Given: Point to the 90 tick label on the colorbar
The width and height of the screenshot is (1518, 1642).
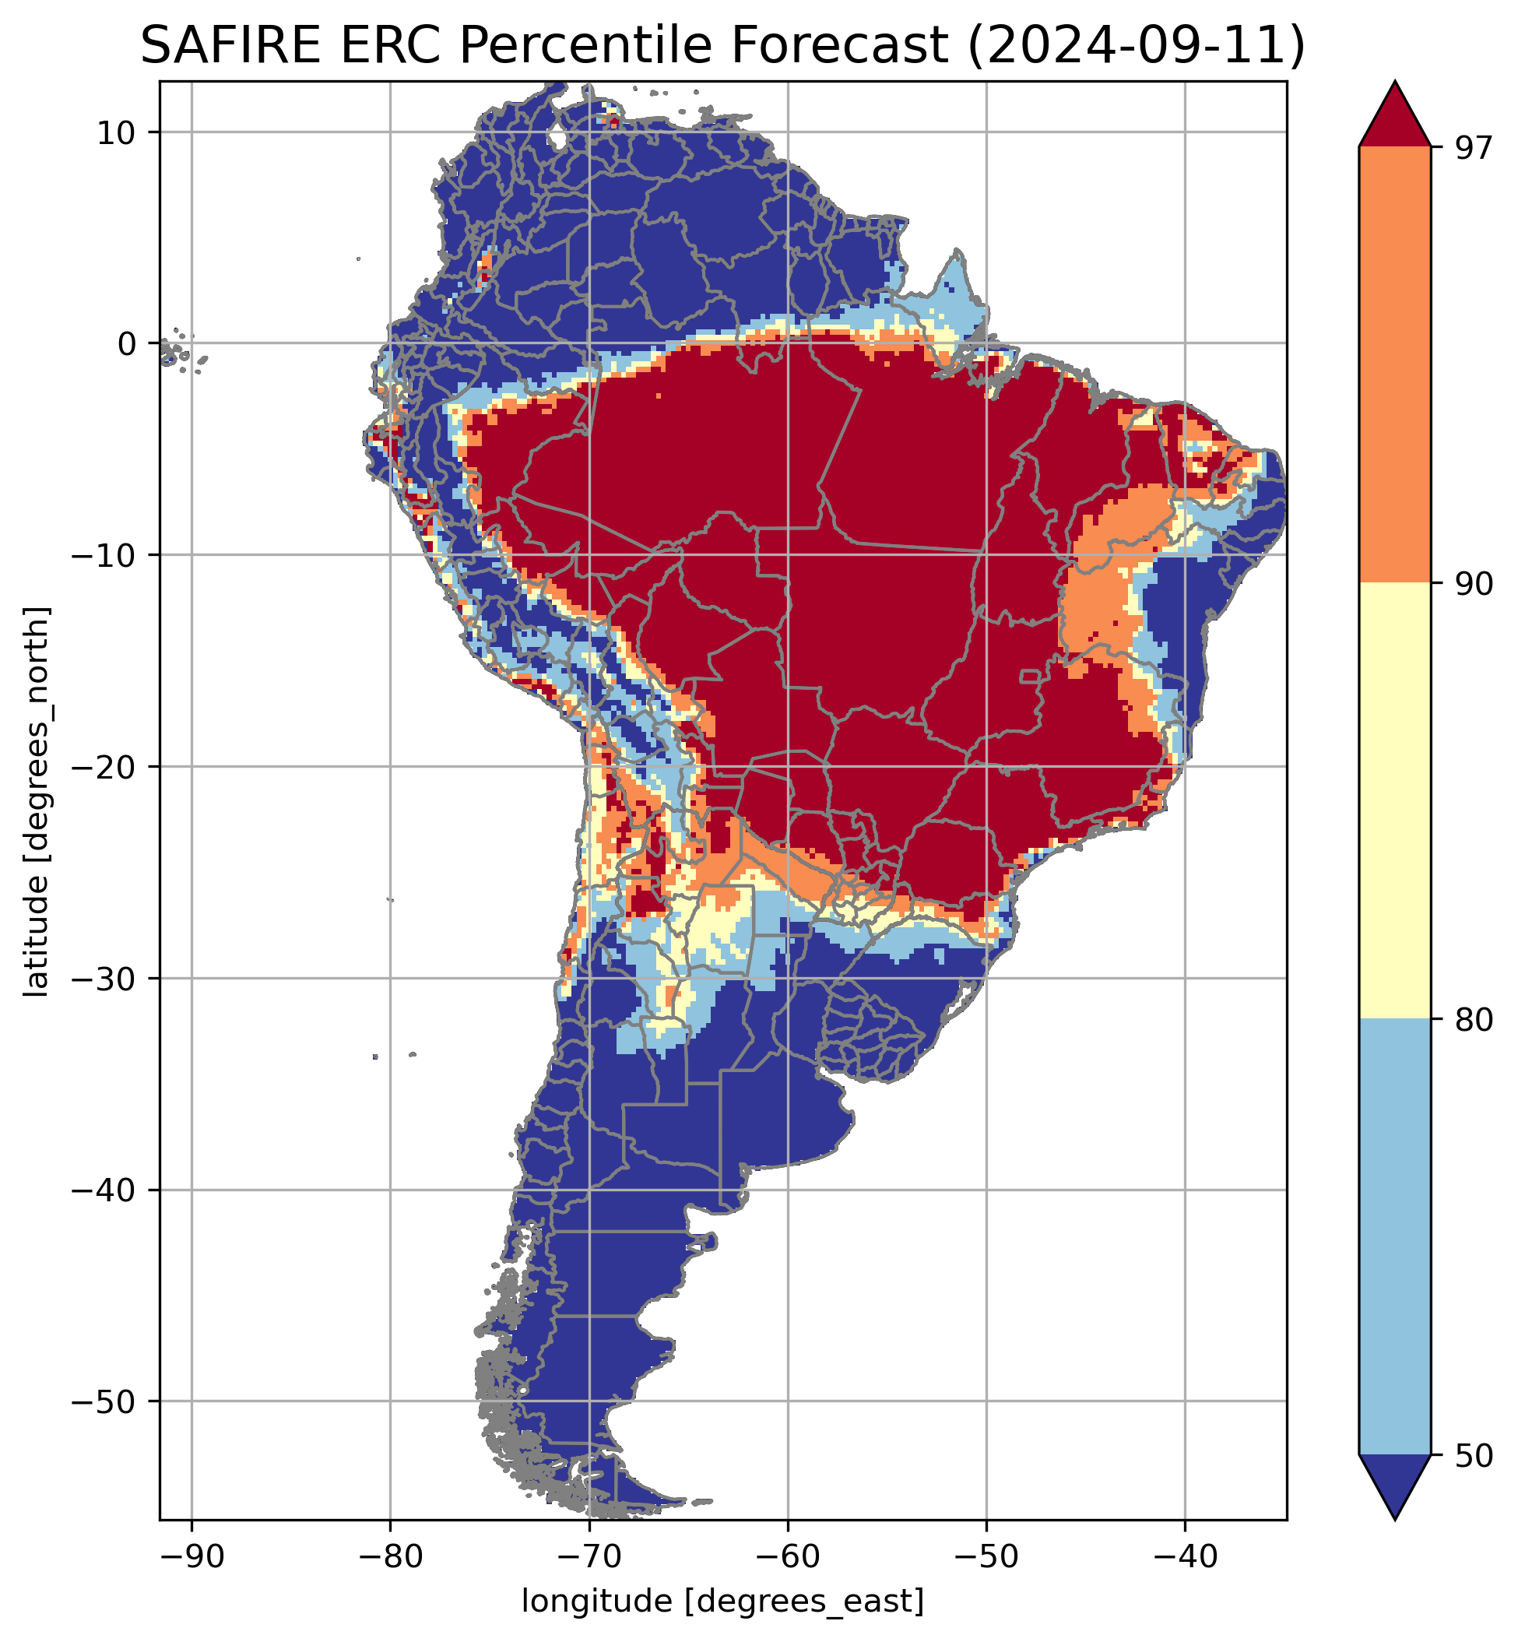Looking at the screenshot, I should pyautogui.click(x=1471, y=585).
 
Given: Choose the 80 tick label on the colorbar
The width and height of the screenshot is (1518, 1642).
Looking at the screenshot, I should pyautogui.click(x=1471, y=1020).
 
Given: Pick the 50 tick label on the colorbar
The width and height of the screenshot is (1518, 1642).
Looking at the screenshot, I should pyautogui.click(x=1471, y=1456).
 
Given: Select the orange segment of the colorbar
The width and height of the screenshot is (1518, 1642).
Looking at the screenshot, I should pyautogui.click(x=1395, y=365).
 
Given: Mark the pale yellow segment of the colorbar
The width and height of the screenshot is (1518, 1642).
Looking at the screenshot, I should pyautogui.click(x=1395, y=801).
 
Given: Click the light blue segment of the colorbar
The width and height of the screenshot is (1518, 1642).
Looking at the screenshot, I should pyautogui.click(x=1395, y=1236).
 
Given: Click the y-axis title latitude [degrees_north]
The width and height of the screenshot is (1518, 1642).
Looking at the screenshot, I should pyautogui.click(x=36, y=802).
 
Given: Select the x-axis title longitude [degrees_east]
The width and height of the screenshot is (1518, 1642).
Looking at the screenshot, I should pyautogui.click(x=723, y=1602).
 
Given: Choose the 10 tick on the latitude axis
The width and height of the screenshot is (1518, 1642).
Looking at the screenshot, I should pyautogui.click(x=116, y=133).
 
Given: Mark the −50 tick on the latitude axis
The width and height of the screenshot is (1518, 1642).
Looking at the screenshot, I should pyautogui.click(x=104, y=1402).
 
